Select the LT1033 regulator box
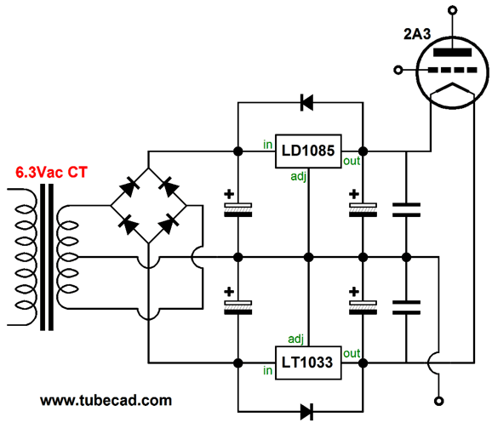point(308,363)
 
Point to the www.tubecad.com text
point(106,399)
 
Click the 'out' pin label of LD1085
point(351,160)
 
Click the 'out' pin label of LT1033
point(351,353)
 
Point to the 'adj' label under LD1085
point(296,178)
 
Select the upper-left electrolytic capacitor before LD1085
point(237,205)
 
